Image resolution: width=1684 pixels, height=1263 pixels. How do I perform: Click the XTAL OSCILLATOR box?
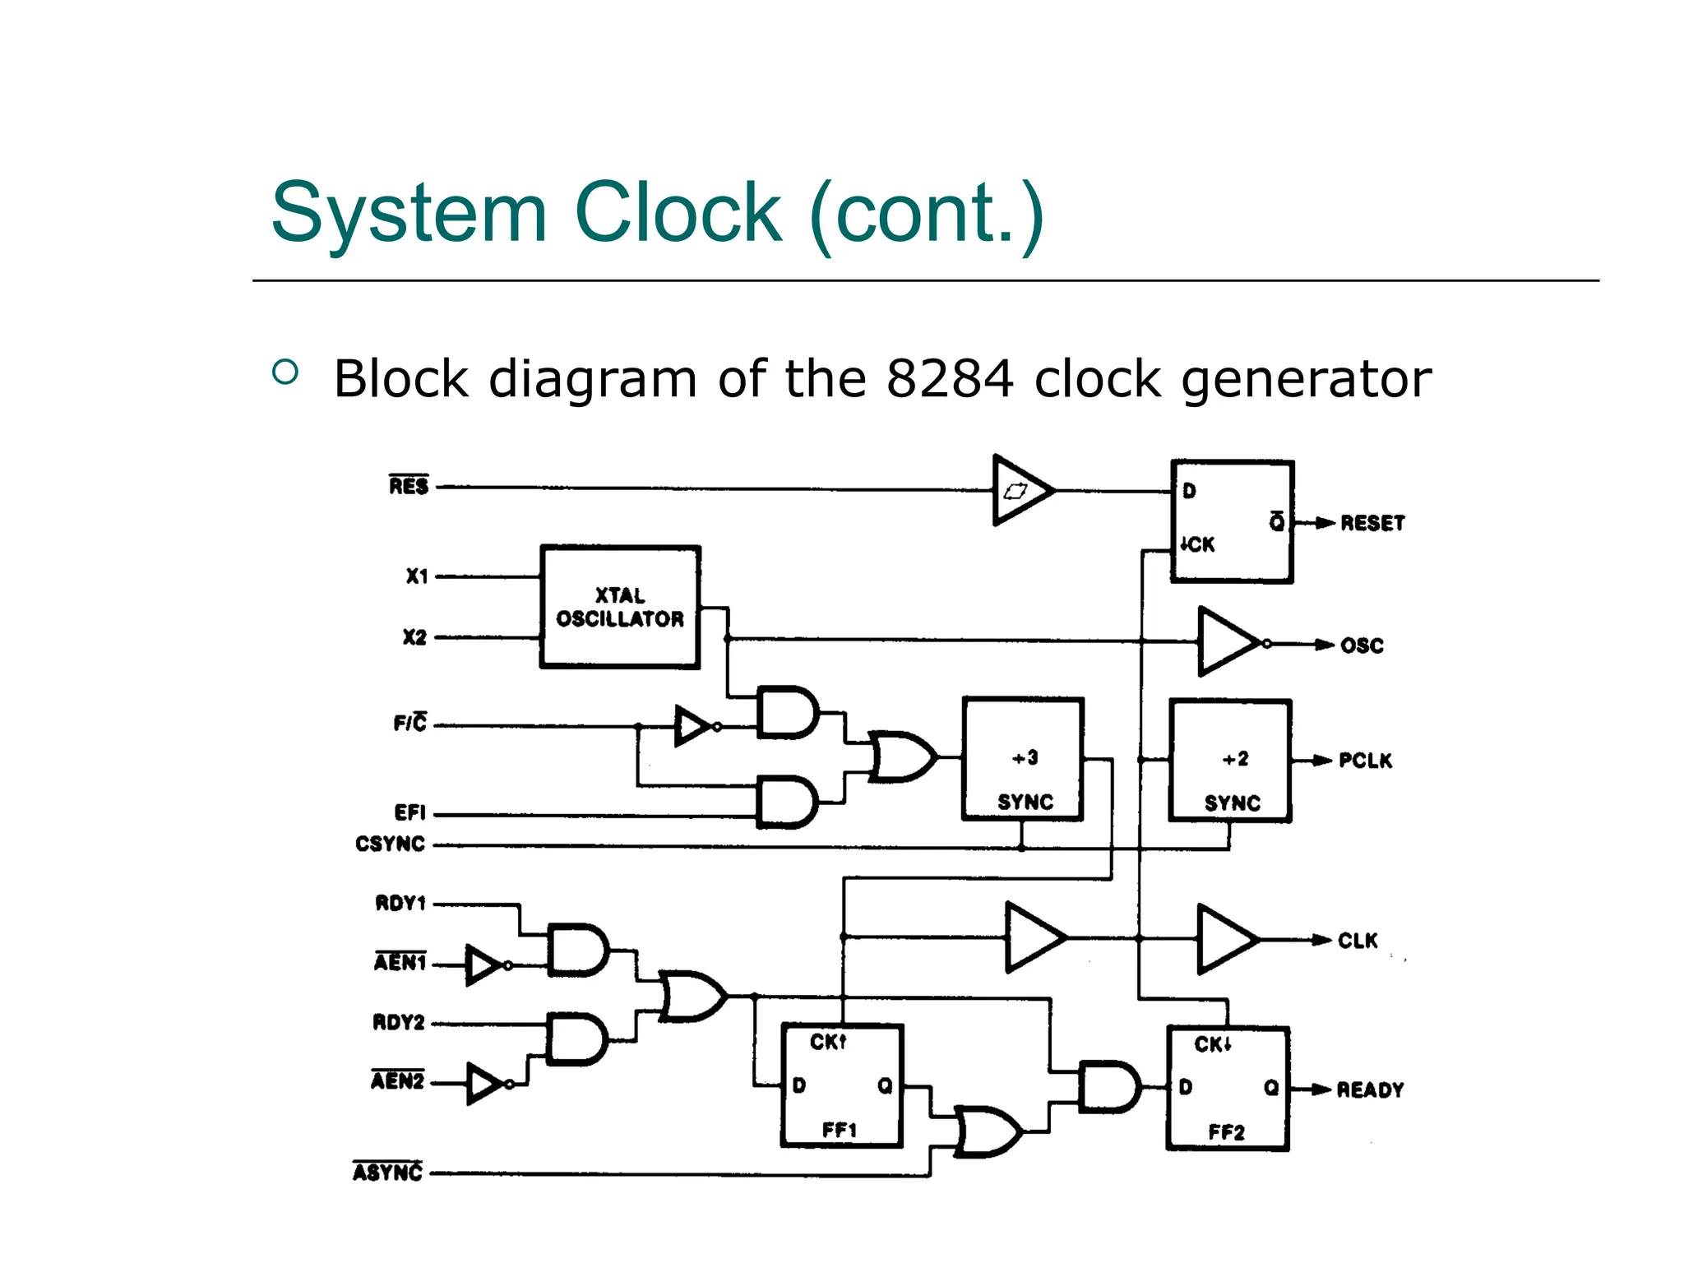pos(620,607)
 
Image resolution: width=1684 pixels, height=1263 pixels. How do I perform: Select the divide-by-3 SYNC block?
pos(1023,759)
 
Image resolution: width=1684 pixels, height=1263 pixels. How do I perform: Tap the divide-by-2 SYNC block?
pos(1230,761)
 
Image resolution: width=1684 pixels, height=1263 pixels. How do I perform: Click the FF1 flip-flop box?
pos(841,1085)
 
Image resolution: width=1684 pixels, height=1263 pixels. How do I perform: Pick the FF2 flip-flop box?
pos(1227,1088)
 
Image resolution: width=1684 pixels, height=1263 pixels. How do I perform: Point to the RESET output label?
pos(1372,523)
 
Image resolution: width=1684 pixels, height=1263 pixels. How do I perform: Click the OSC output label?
pos(1362,645)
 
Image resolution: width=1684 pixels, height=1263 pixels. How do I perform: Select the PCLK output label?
pos(1365,761)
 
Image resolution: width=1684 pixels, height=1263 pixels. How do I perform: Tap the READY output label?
pos(1370,1090)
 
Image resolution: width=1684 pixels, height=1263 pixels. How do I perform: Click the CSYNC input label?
pos(390,844)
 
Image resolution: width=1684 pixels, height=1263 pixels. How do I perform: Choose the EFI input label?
pos(409,812)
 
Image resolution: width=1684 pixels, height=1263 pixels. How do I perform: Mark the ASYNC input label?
pos(387,1172)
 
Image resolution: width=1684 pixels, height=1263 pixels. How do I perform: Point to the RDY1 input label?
pos(400,903)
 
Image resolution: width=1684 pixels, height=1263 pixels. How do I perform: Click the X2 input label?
pos(414,637)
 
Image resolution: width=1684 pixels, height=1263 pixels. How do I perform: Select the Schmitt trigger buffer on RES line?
pos(1020,490)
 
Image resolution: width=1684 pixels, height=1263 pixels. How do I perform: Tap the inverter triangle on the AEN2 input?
pos(484,1084)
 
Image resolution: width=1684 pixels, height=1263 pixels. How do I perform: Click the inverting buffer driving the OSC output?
pos(1228,642)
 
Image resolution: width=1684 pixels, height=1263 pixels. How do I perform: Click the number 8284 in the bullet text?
pos(950,379)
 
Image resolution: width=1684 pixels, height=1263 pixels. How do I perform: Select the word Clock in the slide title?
pos(678,213)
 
